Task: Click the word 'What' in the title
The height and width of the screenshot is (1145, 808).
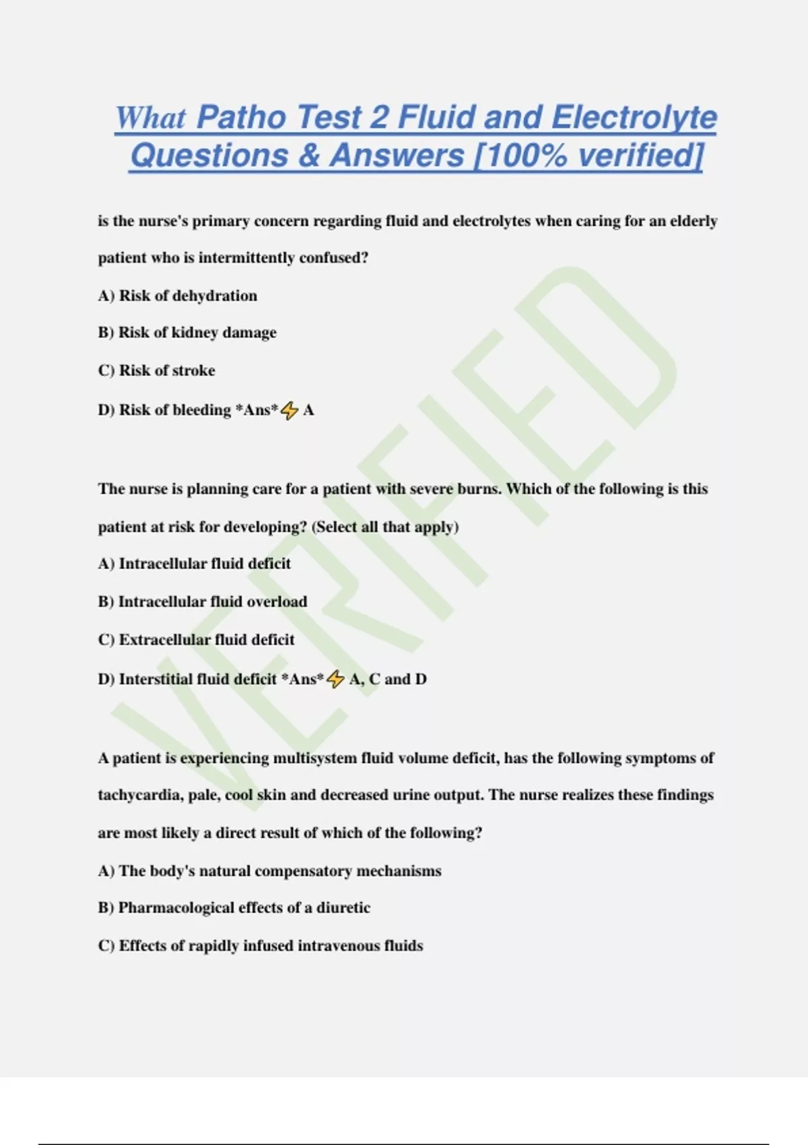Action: point(150,118)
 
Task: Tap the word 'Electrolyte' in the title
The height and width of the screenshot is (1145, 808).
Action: point(634,118)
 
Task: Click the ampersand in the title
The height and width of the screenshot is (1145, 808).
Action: point(308,156)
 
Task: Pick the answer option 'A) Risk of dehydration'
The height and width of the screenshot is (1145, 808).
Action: point(177,296)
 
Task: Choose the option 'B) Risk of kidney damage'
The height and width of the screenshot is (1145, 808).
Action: point(187,333)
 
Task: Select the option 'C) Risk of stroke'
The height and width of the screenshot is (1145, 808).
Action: point(156,370)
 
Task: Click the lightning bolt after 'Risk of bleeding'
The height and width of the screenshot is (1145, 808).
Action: point(290,410)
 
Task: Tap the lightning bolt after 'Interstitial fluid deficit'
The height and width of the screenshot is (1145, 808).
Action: point(335,680)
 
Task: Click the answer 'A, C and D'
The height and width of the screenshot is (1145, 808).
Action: point(388,679)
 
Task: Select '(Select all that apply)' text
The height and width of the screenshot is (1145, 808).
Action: point(385,527)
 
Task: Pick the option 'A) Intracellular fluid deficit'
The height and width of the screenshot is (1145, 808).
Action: point(194,564)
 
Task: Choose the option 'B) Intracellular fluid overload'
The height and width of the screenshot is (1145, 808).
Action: point(202,601)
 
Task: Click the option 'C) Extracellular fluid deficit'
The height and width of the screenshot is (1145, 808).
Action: point(196,639)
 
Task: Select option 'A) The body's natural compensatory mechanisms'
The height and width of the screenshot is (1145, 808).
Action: point(269,871)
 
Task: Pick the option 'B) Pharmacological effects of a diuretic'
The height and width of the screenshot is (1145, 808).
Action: point(234,908)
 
